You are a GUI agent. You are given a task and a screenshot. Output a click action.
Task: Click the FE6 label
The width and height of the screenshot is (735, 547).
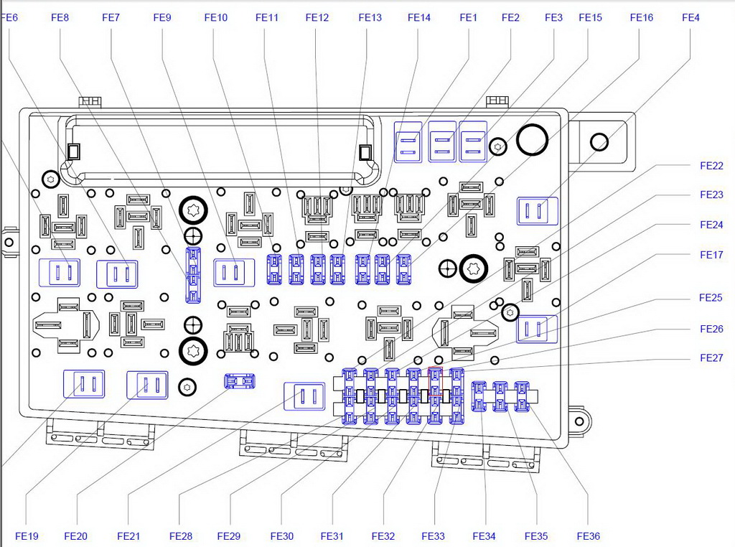[10, 17]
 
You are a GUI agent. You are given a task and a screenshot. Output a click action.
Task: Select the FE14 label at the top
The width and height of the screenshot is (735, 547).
[419, 17]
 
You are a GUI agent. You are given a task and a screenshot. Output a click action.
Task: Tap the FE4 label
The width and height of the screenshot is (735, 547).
[690, 17]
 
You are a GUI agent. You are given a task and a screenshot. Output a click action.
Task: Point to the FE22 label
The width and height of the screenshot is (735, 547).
[711, 165]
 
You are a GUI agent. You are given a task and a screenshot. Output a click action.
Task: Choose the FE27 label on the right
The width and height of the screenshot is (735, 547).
[711, 358]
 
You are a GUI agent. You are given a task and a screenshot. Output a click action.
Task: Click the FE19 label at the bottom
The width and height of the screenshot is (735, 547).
[26, 536]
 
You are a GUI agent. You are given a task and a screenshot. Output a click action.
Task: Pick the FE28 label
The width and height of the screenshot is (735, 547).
[181, 536]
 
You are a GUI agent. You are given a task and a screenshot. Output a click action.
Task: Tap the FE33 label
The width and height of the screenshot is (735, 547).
[434, 536]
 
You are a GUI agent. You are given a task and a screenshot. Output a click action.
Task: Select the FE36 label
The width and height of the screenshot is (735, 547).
[589, 536]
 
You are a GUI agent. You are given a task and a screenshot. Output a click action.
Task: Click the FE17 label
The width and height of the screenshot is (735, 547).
[711, 255]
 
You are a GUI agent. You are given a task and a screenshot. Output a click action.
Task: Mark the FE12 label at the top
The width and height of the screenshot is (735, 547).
[317, 17]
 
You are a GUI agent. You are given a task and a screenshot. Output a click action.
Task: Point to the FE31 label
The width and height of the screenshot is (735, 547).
[332, 536]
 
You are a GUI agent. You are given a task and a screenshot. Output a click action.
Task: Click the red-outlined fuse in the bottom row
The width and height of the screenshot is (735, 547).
[435, 375]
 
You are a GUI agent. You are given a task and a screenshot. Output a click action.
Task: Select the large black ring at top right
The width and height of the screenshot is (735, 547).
[532, 139]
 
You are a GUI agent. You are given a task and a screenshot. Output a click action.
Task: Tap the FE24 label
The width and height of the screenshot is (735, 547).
[711, 225]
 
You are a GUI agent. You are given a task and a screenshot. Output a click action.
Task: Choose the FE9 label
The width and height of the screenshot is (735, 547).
[162, 17]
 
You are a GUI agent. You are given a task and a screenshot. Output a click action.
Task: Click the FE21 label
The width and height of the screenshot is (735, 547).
[128, 536]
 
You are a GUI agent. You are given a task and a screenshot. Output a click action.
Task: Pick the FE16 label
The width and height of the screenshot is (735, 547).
[642, 17]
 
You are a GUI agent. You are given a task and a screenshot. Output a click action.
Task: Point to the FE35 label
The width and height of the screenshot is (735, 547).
[536, 536]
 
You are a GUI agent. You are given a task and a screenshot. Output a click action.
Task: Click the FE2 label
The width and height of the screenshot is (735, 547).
[510, 17]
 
